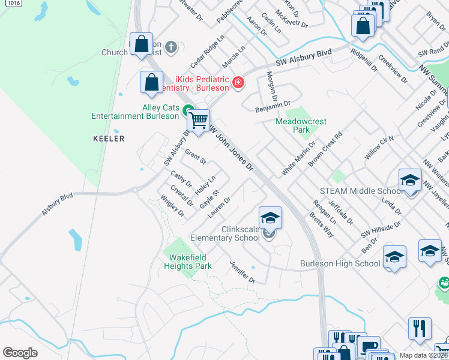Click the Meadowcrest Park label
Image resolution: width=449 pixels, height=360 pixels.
[301, 125]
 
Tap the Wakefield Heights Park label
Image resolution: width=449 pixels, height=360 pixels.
[187, 262]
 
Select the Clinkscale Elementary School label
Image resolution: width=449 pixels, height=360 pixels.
[224, 233]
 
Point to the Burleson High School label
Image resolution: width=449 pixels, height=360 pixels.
[340, 263]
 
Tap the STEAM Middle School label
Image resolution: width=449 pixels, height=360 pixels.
[361, 191]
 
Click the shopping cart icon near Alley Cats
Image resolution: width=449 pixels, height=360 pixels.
[197, 121]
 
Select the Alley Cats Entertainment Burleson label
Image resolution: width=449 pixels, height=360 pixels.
[136, 112]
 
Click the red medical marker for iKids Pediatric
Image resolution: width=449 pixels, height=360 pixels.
[238, 83]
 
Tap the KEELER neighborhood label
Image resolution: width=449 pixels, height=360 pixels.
[109, 139]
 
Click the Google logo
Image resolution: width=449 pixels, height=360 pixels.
[20, 353]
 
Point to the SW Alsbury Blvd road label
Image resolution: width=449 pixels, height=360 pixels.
[304, 57]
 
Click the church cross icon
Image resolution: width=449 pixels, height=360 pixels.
[171, 47]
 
